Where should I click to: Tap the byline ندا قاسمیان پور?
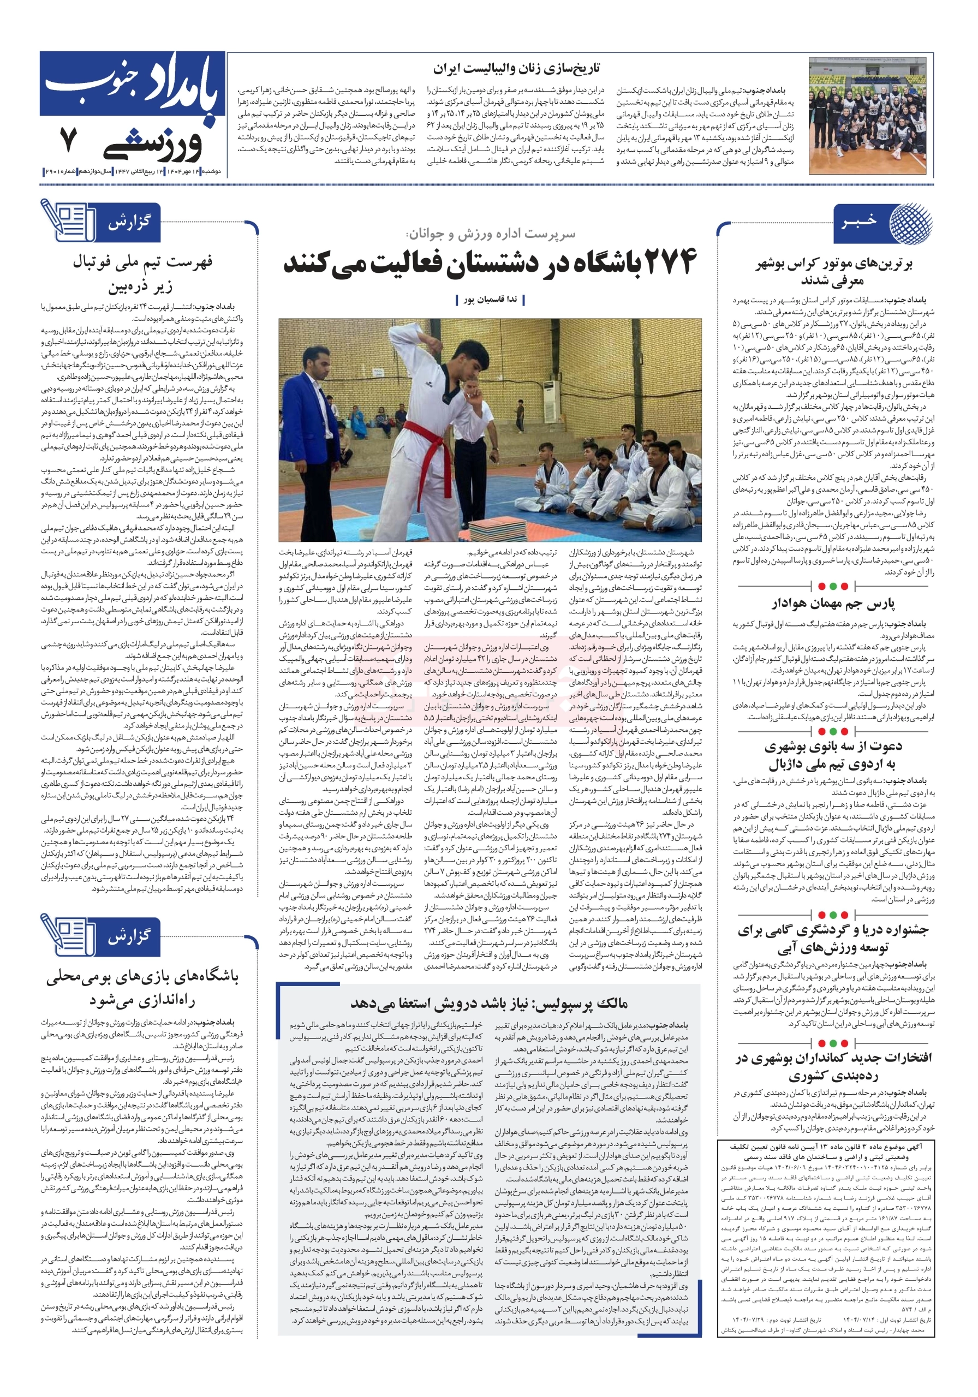point(490,300)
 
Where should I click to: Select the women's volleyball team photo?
point(871,116)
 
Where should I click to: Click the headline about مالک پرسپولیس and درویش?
point(488,1002)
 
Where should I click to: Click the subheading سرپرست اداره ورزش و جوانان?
point(490,234)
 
